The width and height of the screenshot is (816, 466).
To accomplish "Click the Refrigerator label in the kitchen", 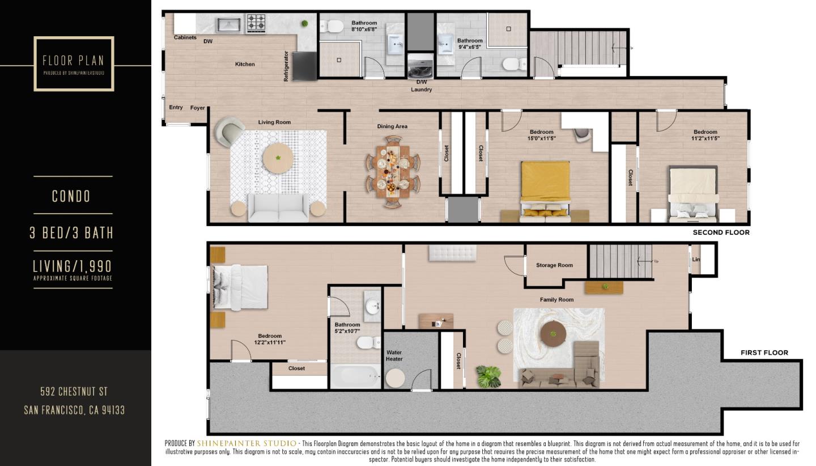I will [x=286, y=66].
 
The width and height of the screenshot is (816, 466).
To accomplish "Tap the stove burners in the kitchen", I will [x=256, y=23].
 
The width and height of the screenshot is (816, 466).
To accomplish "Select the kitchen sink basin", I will [x=228, y=25].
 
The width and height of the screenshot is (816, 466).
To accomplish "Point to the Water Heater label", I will [x=394, y=355].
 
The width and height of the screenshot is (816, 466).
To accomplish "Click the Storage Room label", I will [x=554, y=265].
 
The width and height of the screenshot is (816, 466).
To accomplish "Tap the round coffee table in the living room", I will [x=278, y=158].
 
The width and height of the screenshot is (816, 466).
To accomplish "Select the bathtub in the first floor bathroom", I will [x=355, y=376].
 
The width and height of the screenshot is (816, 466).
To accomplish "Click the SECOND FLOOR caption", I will [x=721, y=232].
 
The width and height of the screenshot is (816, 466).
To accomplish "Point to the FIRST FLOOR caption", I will [x=764, y=353].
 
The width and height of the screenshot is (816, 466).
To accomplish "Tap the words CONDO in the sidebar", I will [x=71, y=196].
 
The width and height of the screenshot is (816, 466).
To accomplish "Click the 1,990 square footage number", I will [x=91, y=266].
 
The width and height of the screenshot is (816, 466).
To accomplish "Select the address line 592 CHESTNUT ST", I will [x=74, y=391].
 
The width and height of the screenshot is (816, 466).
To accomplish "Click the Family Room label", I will [x=556, y=300].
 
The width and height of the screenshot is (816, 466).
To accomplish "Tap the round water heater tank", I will [x=395, y=378].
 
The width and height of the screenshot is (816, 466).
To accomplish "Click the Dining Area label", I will [x=392, y=126].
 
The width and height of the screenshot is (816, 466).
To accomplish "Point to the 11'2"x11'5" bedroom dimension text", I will [x=705, y=138].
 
